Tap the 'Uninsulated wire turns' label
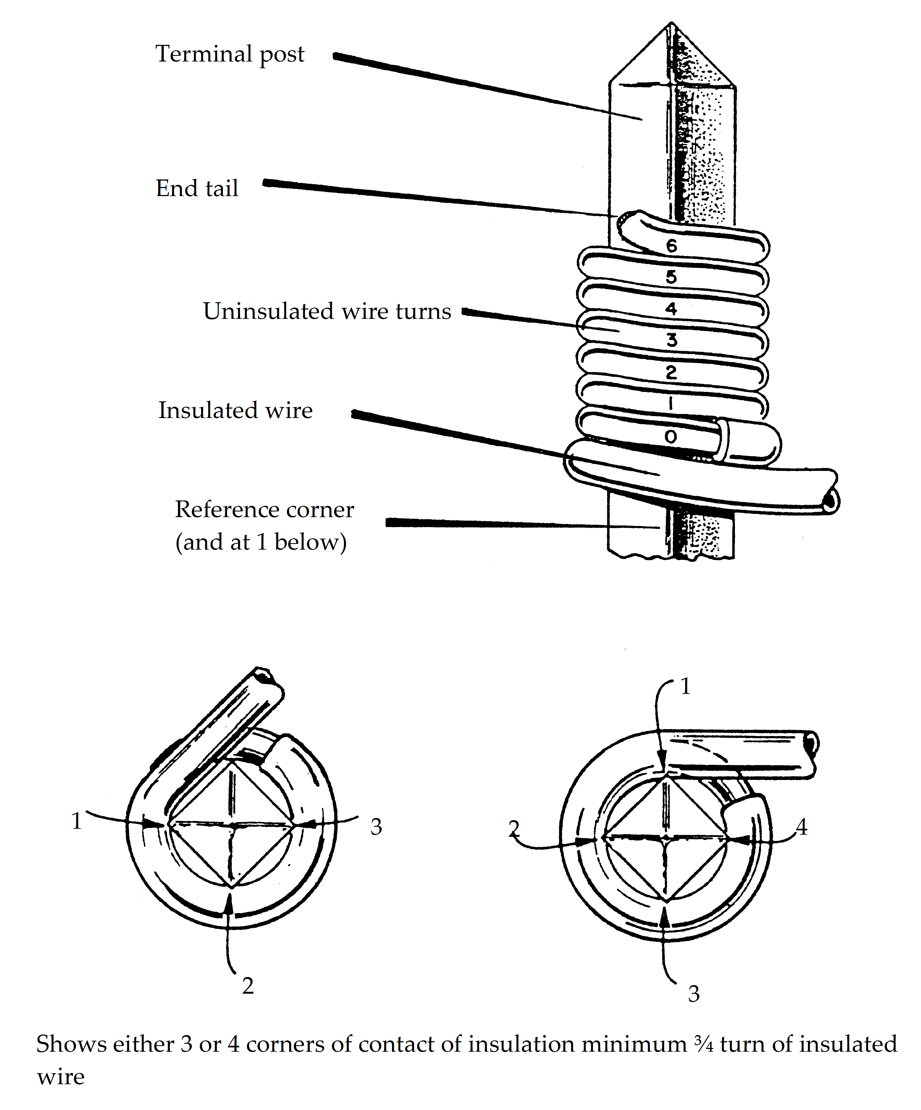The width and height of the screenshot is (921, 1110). [327, 311]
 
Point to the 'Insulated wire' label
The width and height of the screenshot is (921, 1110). [235, 410]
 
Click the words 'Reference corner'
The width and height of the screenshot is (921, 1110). [264, 510]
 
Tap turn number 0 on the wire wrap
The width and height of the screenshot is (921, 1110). [670, 437]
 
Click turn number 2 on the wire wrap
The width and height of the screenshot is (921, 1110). [671, 373]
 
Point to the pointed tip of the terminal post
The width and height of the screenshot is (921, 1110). [672, 23]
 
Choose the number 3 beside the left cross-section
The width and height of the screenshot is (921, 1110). [376, 827]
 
